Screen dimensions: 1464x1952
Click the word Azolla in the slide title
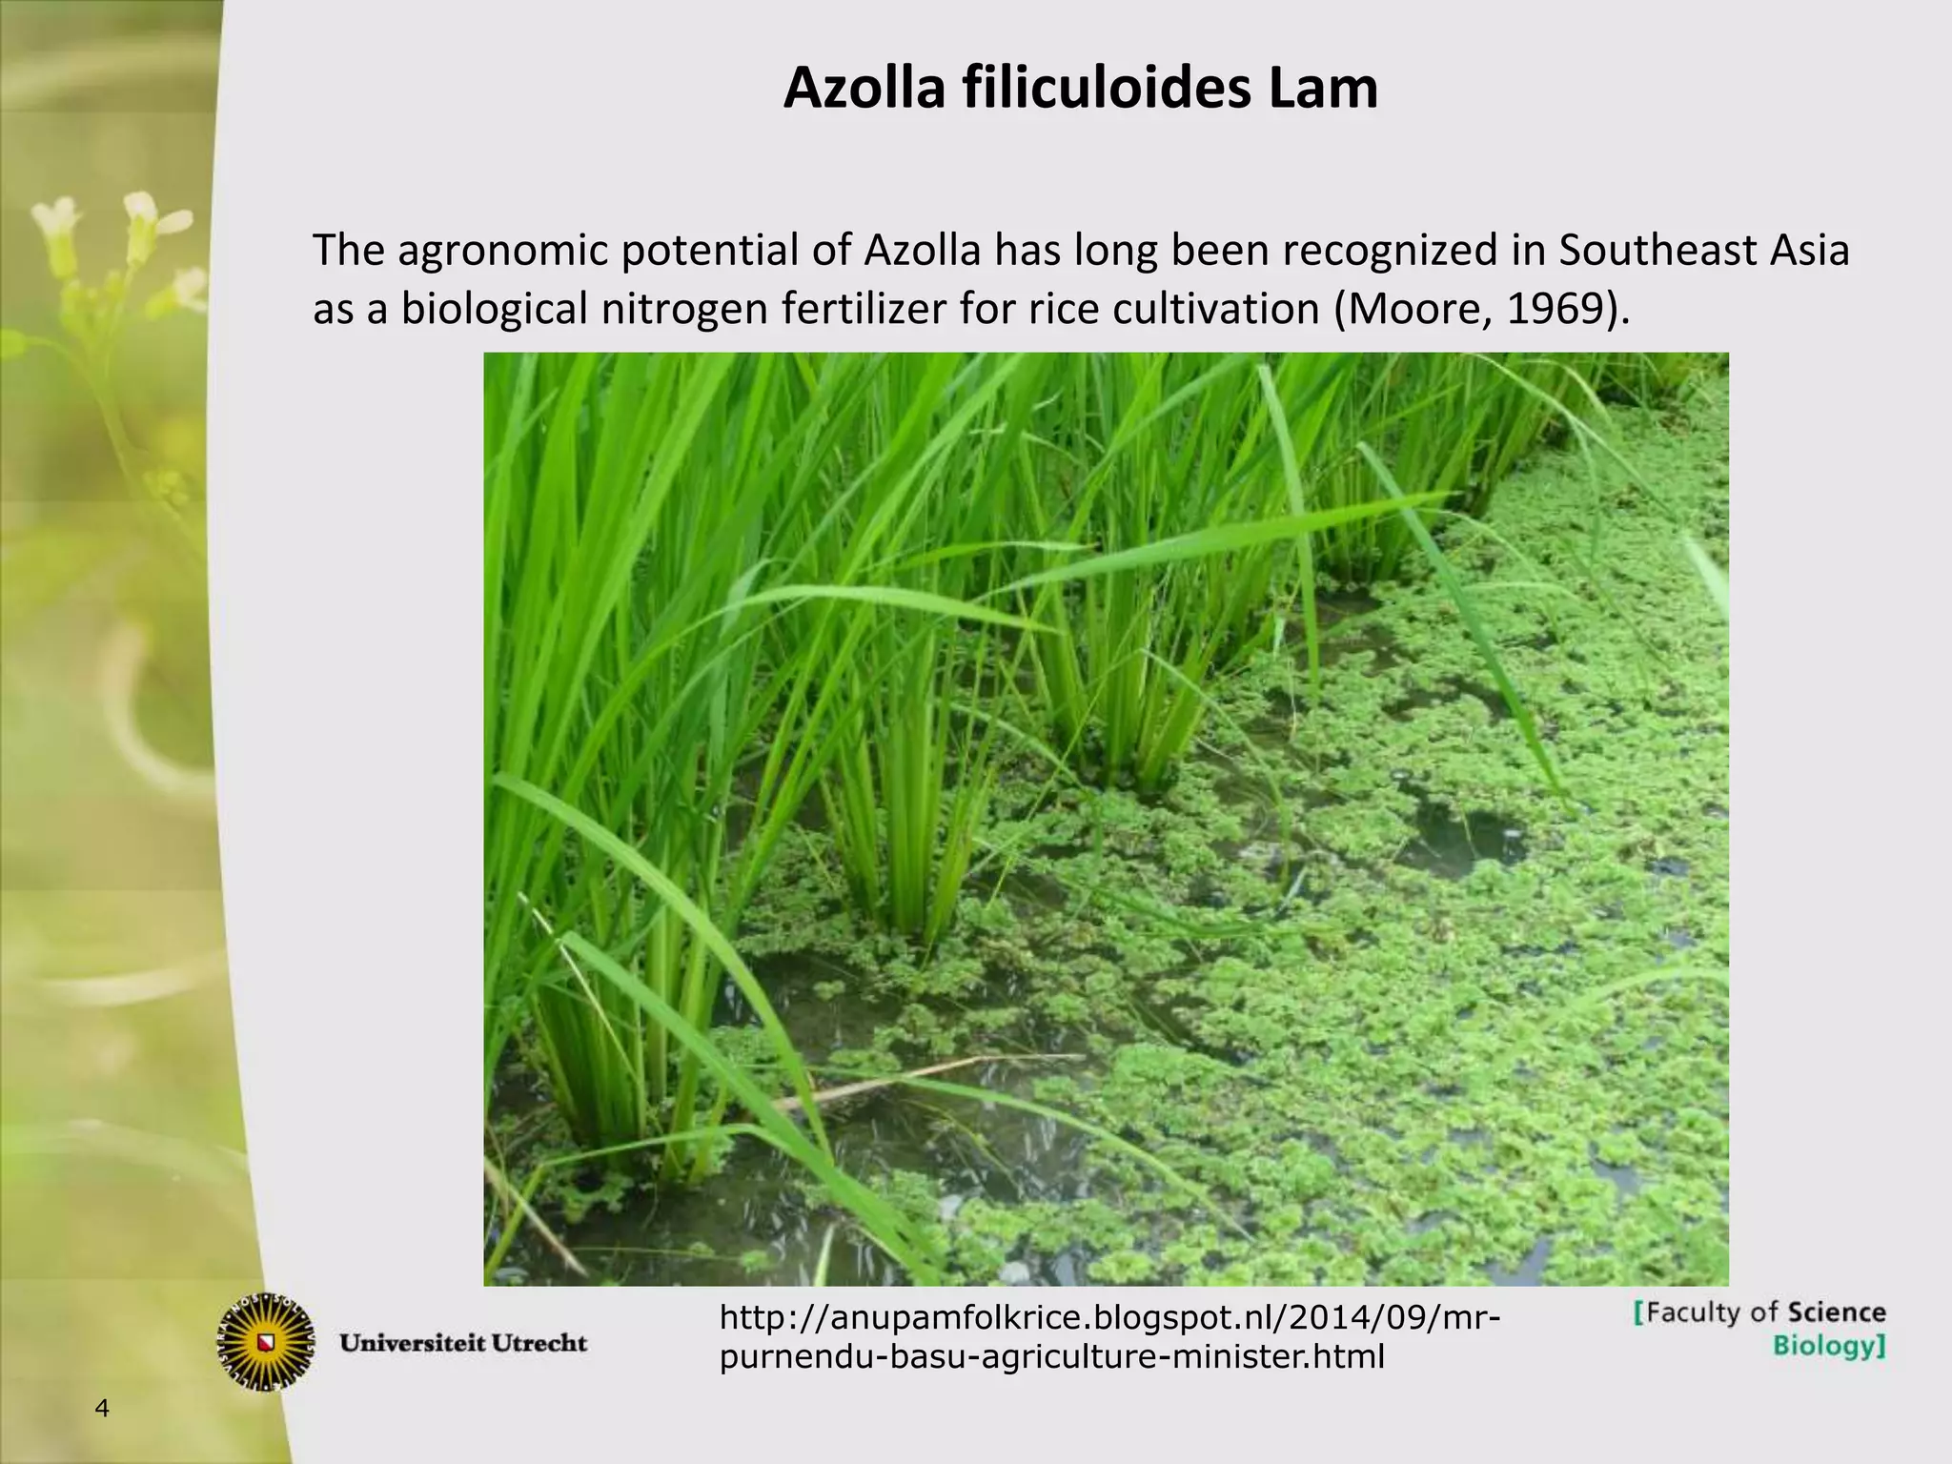[x=864, y=89]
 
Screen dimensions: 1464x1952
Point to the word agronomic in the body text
[x=501, y=251]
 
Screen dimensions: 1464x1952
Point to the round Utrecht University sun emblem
[x=266, y=1342]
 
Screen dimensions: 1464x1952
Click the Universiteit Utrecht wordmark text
[x=464, y=1344]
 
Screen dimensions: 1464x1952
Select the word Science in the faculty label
[x=1836, y=1312]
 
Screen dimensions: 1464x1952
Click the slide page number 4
[x=103, y=1409]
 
